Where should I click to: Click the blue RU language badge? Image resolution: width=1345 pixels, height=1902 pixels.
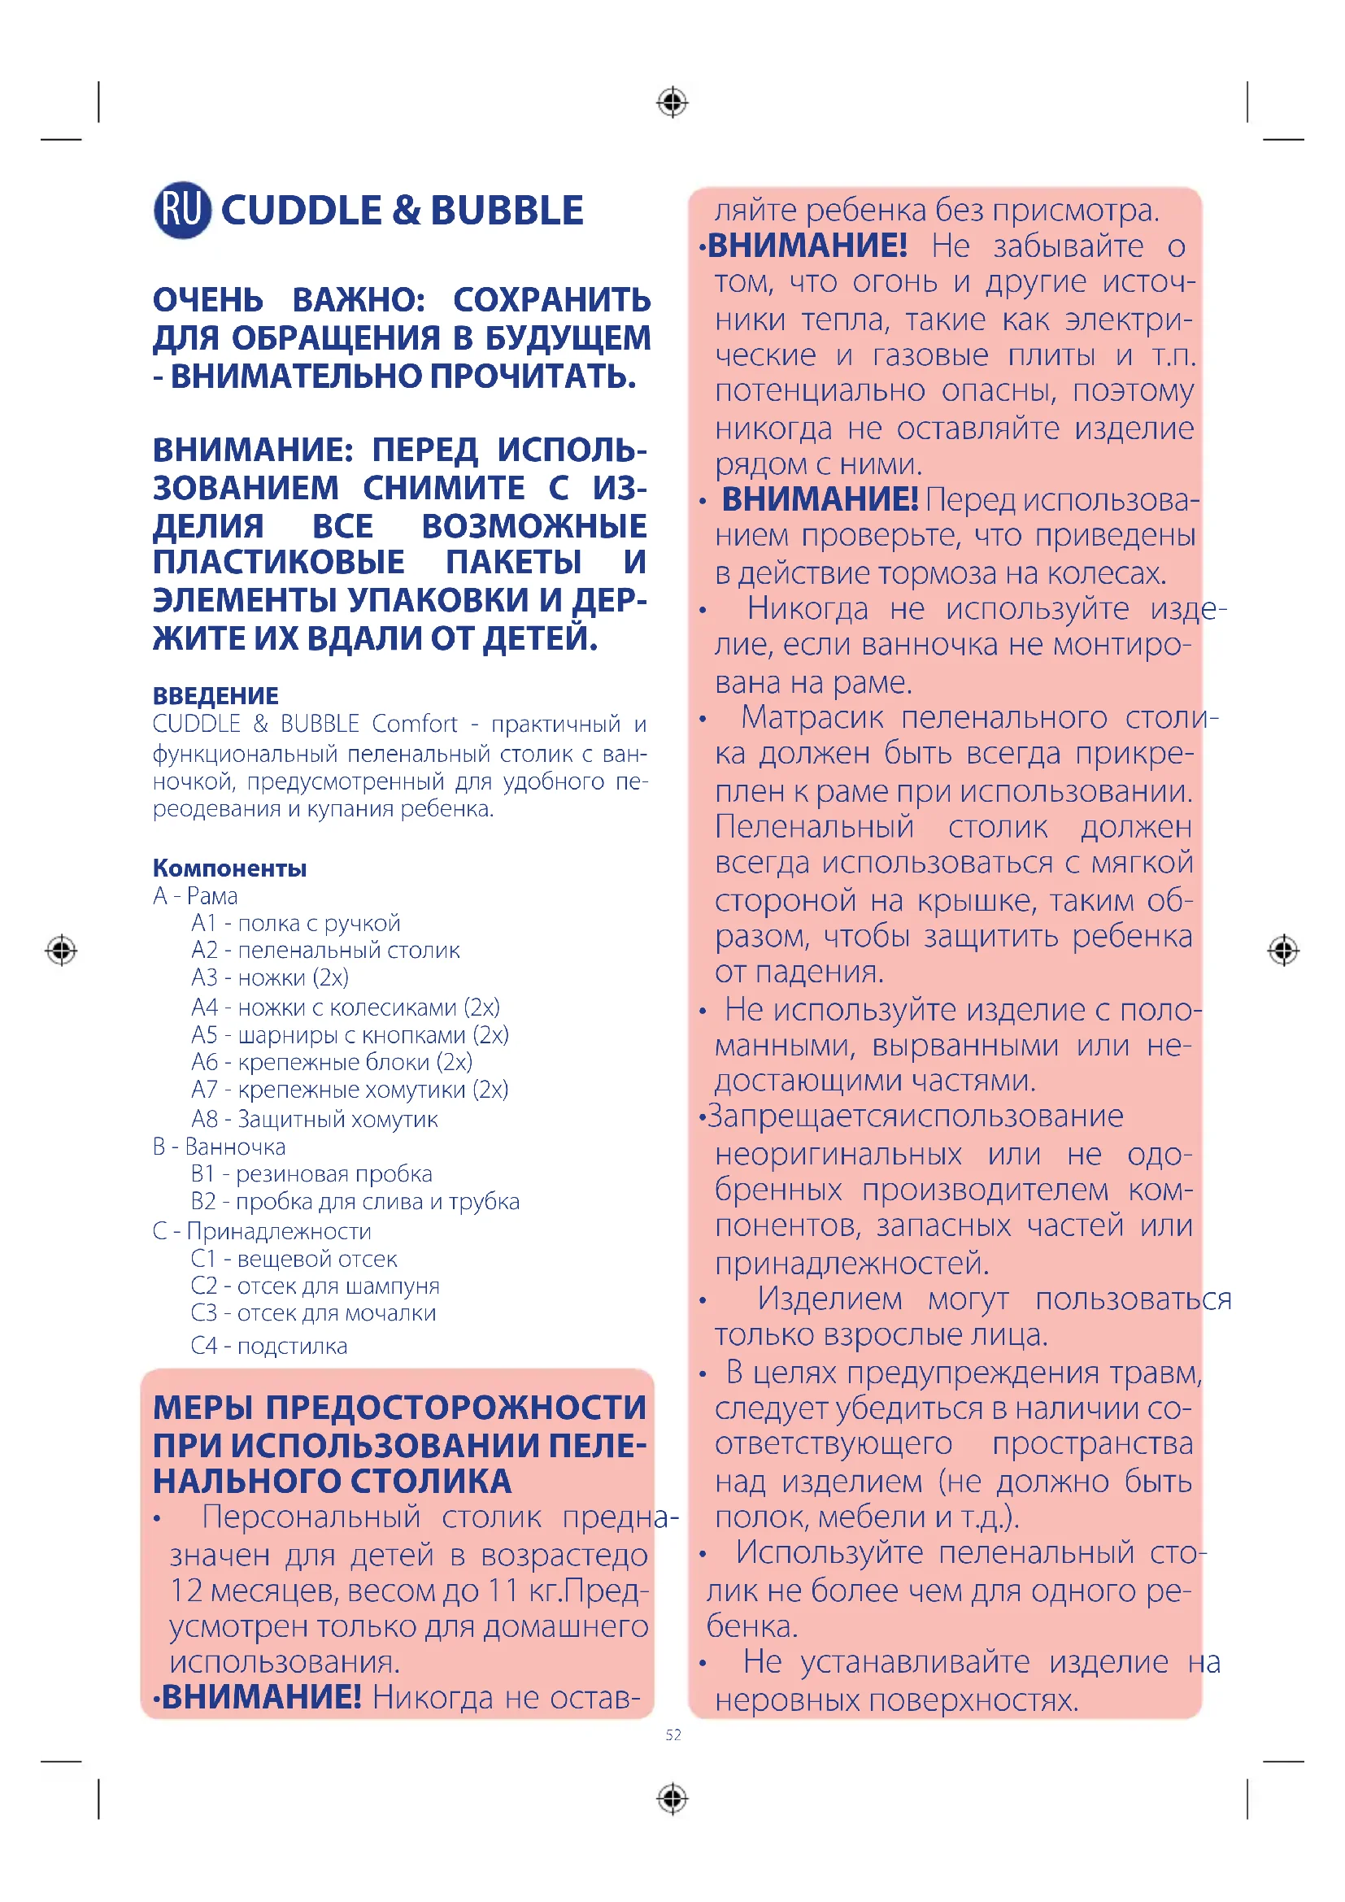point(182,210)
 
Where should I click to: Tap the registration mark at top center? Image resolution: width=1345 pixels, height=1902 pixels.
point(672,102)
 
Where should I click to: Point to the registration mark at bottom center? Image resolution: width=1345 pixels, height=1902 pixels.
point(672,1799)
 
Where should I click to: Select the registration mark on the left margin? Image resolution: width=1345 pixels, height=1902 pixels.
point(61,949)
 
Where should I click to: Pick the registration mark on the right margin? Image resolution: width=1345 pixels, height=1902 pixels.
point(1283,949)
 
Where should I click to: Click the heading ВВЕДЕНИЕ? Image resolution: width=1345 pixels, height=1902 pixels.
point(215,695)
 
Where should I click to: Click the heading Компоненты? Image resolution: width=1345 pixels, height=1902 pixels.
point(229,868)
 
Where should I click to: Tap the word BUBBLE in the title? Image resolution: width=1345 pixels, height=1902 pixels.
point(507,211)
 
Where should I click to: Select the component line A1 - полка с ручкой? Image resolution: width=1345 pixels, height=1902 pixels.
point(296,923)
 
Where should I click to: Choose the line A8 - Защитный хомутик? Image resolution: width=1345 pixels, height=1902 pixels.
point(315,1119)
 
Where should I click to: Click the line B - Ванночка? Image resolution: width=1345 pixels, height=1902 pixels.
point(220,1147)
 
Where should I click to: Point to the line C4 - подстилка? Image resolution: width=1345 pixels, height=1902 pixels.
point(269,1346)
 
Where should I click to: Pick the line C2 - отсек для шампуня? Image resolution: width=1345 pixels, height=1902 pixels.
point(315,1286)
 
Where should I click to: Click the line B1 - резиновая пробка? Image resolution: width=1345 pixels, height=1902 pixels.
point(311,1174)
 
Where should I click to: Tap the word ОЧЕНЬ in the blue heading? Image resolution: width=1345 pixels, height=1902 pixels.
point(208,300)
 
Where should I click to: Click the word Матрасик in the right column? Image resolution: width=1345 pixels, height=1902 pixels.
point(812,717)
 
